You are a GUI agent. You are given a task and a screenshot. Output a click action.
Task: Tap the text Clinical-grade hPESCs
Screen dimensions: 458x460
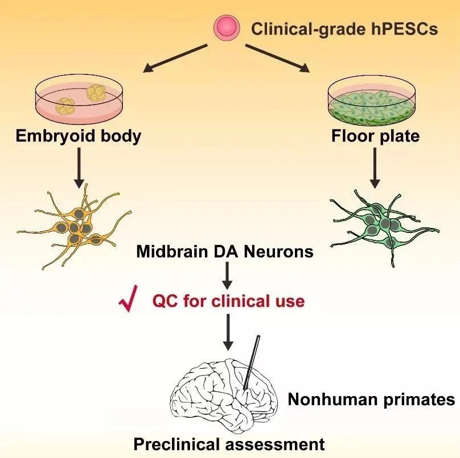[345, 28]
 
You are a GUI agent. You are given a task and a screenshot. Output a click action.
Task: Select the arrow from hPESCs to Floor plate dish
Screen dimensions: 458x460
[278, 57]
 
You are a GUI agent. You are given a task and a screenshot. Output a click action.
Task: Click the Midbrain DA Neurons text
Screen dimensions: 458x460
[225, 251]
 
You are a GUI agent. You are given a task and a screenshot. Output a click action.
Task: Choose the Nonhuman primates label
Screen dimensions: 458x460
[372, 399]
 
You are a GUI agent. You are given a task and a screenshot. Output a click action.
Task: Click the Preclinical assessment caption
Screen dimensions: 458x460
[229, 443]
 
